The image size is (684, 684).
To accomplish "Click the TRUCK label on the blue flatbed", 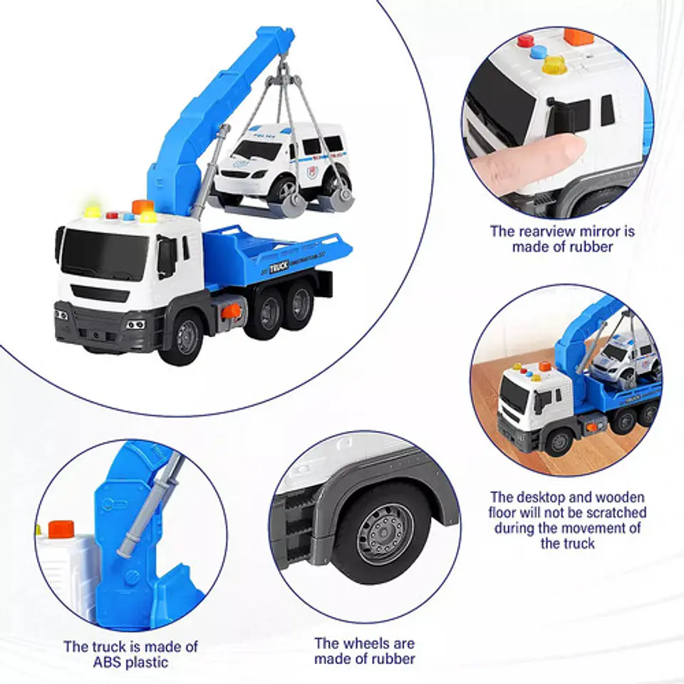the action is [279, 267].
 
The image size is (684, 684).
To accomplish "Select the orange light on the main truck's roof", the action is [142, 207].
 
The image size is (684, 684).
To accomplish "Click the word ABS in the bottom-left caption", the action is [108, 661].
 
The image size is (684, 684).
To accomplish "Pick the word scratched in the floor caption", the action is [616, 512].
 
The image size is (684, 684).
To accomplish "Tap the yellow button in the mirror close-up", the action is [554, 65].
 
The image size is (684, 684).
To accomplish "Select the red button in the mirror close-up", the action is [526, 41].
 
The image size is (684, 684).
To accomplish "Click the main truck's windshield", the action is [105, 255].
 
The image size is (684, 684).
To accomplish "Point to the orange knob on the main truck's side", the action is [231, 311].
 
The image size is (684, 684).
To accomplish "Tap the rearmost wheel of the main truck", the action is [301, 305].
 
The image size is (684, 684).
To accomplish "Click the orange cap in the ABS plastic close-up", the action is [61, 529].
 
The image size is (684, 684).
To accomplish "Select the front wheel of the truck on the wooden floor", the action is [559, 442].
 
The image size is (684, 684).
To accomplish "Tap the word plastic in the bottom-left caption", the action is [147, 662].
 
